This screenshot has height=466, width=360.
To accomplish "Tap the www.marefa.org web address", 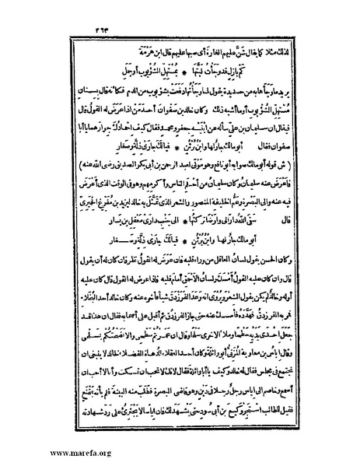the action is (x=44, y=450).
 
